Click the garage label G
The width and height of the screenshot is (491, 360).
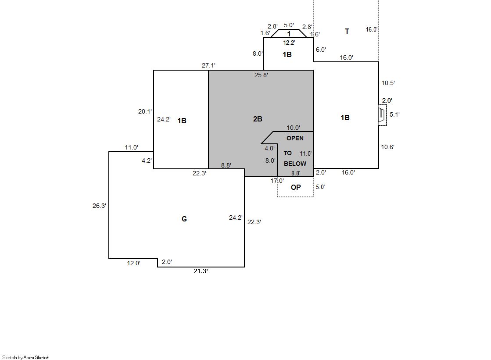pos(184,219)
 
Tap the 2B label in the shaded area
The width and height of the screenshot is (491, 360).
pos(258,119)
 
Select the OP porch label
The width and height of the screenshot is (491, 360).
pos(296,187)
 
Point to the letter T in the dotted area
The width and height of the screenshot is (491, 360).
pos(347,31)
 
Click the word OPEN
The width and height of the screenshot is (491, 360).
pos(295,138)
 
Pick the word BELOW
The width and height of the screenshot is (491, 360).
pos(295,164)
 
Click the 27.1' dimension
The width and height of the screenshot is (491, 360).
pos(208,65)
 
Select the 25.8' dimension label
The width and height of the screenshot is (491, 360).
pos(261,75)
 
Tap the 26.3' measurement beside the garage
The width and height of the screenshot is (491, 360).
pos(99,206)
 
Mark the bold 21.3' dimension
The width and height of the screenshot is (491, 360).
pos(201,271)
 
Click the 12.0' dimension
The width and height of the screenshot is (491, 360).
pos(133,263)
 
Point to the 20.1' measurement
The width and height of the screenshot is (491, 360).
pos(145,111)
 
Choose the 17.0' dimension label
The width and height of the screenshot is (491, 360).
pos(277,181)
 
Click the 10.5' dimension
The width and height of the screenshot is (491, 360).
pos(388,83)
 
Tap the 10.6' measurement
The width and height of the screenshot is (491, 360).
pos(387,147)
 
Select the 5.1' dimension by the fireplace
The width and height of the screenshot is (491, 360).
pos(394,114)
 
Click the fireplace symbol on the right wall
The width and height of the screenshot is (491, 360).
pos(382,115)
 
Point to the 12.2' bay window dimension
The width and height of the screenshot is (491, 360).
pos(289,43)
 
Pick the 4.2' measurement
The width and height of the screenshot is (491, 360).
pos(147,160)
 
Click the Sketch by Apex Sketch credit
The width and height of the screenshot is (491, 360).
pos(26,357)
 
